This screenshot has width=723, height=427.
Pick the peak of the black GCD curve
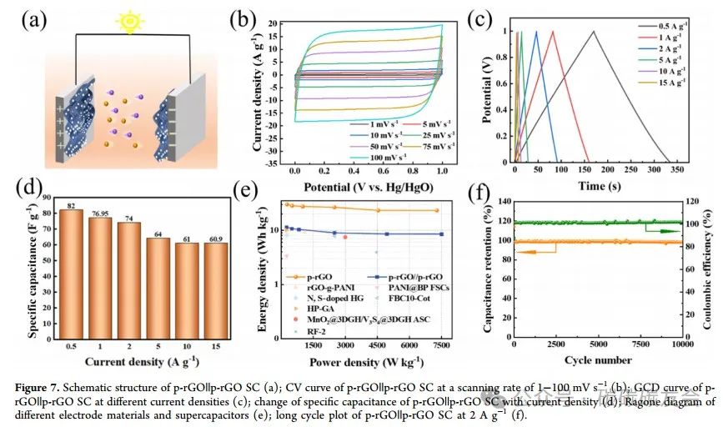593,32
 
